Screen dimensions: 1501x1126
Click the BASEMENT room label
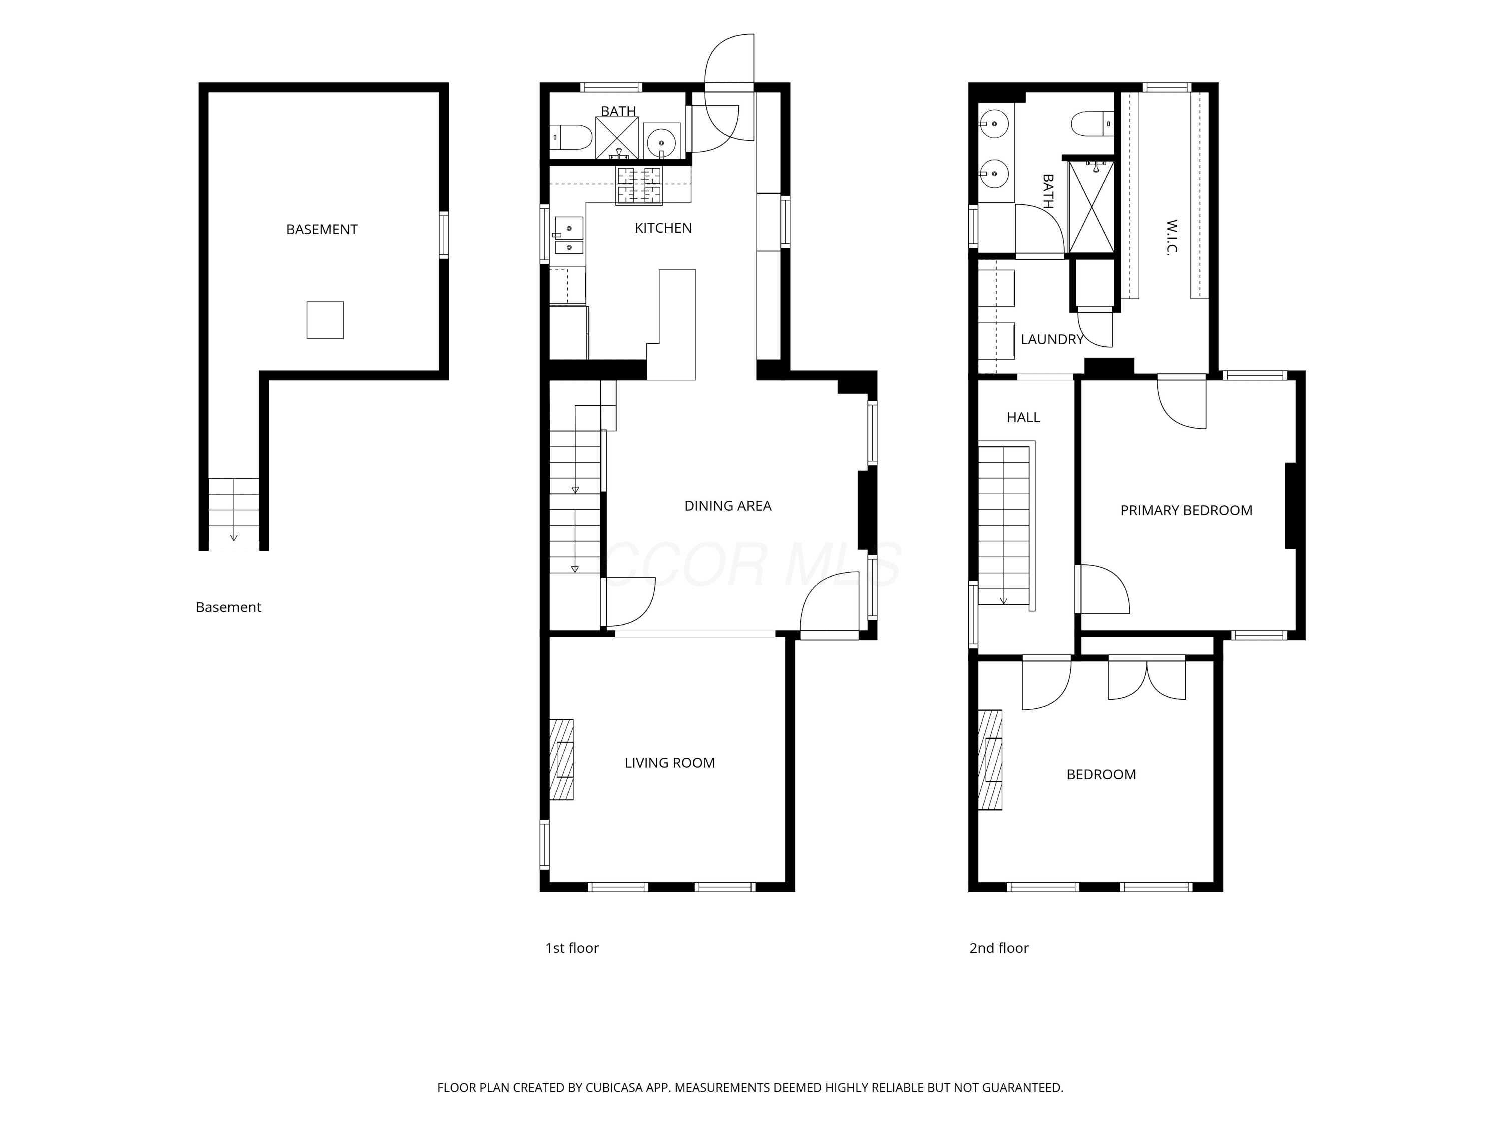tap(322, 229)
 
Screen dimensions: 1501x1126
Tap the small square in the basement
tap(325, 320)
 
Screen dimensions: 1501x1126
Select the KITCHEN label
tap(663, 228)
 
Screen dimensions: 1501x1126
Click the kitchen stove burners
tap(638, 185)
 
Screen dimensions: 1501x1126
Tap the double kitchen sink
tap(569, 235)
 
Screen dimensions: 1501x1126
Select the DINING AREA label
tap(727, 505)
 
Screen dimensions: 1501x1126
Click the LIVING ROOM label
tap(670, 763)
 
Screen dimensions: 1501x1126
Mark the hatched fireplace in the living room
tap(561, 760)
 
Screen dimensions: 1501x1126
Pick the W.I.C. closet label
tap(1171, 236)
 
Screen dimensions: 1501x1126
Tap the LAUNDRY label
tap(1052, 339)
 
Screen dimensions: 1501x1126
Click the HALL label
tap(1023, 417)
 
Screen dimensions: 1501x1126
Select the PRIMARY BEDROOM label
tap(1186, 510)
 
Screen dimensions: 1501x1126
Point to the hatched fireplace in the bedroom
tap(990, 760)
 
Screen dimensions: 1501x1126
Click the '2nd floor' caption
tap(999, 948)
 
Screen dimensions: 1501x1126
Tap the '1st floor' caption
tap(572, 948)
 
